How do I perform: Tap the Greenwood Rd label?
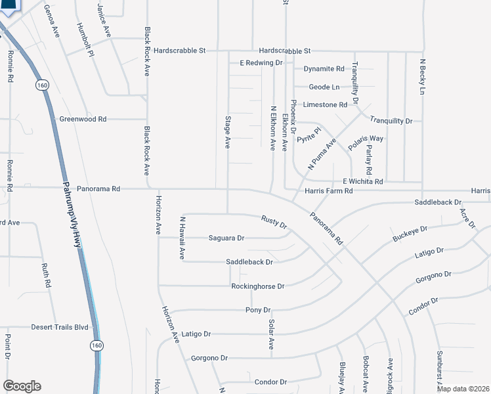[83, 120]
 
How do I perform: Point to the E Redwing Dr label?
[261, 63]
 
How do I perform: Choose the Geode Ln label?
[325, 87]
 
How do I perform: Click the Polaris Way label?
[367, 139]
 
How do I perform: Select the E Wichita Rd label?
[362, 181]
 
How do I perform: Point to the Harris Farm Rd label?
[329, 191]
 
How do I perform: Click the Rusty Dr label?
[274, 222]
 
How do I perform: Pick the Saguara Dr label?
[226, 238]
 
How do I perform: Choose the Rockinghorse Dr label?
[257, 286]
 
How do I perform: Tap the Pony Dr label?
[258, 310]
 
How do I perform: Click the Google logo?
[22, 386]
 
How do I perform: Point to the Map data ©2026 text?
[462, 388]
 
